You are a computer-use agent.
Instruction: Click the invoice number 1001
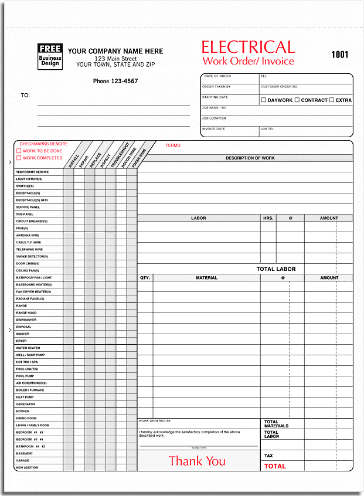coord(339,55)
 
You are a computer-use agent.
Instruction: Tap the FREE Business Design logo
coord(50,55)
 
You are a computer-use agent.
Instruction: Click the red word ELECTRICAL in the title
coord(248,47)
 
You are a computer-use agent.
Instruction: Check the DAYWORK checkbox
coord(264,100)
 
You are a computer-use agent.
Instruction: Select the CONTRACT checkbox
coord(297,100)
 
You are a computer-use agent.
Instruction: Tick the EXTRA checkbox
coord(332,100)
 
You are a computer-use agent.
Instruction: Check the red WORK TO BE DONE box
coord(19,151)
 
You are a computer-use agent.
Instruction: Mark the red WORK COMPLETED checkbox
coord(19,158)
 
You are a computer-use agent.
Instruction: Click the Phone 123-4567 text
coord(115,81)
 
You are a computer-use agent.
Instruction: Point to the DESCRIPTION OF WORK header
coord(250,158)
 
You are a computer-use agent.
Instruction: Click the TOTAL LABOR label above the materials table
coord(276,269)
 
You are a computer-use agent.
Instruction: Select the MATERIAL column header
coord(206,278)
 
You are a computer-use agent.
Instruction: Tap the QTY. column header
coord(145,278)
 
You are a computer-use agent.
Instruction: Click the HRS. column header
coord(268,218)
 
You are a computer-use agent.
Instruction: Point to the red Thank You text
coord(197,461)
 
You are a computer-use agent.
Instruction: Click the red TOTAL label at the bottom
coord(275,466)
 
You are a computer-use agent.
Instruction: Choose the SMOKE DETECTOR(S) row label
coord(32,256)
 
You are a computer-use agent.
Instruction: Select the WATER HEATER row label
coord(28,348)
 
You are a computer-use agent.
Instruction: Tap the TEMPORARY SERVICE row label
coord(32,172)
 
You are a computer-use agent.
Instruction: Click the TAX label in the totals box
coord(268,456)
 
